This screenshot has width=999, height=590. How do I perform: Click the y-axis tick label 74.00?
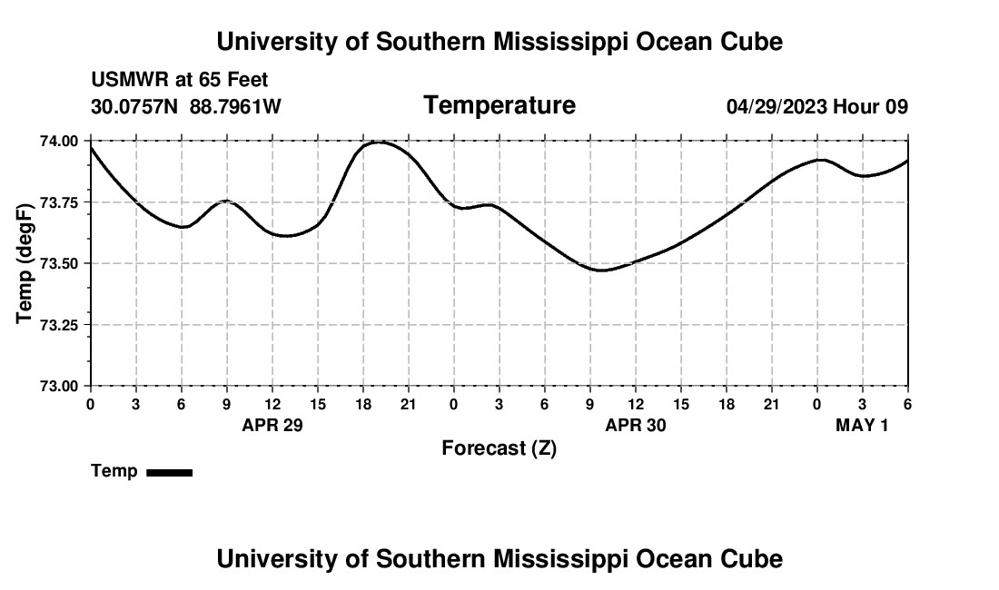(x=59, y=141)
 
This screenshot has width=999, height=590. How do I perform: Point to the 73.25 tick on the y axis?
(x=59, y=325)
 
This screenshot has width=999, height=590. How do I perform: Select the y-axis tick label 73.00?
(x=59, y=386)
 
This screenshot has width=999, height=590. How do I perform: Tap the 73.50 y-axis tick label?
(x=59, y=263)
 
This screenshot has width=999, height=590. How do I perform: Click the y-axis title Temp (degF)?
(x=25, y=263)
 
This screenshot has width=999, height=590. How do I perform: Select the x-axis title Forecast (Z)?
(x=499, y=447)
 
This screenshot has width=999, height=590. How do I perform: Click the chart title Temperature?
(x=499, y=105)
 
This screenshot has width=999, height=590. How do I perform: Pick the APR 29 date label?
(x=272, y=425)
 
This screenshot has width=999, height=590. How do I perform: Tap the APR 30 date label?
(x=636, y=425)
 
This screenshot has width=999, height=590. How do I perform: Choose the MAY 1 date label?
(x=862, y=425)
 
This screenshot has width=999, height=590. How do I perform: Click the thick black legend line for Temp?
(x=169, y=472)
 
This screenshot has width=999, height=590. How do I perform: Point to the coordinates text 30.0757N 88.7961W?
(x=186, y=106)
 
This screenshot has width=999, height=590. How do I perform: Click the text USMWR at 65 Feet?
(x=180, y=81)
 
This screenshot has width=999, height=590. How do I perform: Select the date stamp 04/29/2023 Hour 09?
(x=816, y=106)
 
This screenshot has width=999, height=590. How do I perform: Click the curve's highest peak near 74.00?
(x=380, y=142)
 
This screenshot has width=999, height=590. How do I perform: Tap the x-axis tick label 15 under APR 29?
(x=318, y=404)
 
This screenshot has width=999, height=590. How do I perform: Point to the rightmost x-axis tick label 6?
(x=907, y=404)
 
